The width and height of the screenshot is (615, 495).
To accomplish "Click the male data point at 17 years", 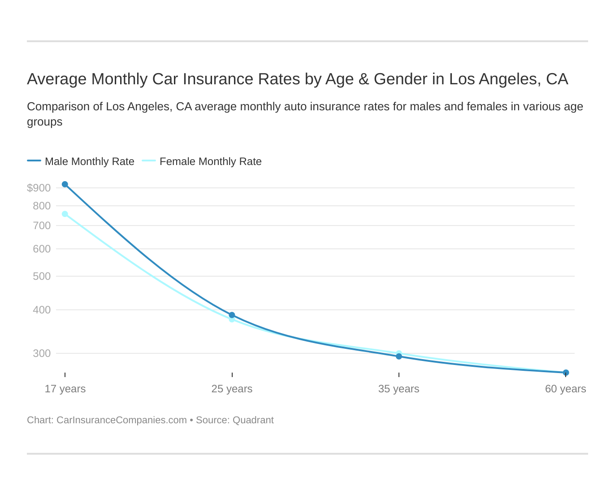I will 65,184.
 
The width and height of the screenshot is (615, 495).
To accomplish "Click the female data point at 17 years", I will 65,214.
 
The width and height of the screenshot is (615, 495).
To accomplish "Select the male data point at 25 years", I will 232,315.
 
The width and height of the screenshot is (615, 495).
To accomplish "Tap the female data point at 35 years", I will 399,353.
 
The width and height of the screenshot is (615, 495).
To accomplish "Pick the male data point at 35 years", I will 399,356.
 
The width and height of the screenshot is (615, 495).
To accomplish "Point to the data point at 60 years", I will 566,373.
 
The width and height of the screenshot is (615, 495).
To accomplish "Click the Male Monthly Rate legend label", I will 89,161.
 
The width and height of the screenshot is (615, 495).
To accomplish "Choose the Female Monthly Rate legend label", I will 210,161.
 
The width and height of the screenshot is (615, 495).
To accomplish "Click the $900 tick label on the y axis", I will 39,188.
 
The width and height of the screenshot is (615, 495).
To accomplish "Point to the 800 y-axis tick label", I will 42,206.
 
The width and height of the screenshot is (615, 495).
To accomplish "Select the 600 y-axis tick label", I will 42,249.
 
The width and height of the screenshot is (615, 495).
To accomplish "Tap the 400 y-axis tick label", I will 42,310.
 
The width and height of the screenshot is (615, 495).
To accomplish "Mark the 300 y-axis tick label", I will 42,353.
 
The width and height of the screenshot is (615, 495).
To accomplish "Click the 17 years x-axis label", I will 65,389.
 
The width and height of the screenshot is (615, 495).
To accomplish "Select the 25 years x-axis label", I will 232,389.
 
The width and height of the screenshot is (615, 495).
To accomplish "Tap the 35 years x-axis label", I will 398,389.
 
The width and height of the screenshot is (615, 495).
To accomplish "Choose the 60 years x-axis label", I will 565,389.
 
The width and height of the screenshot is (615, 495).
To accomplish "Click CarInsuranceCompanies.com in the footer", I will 121,420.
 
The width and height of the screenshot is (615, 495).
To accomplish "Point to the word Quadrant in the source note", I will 253,420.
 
